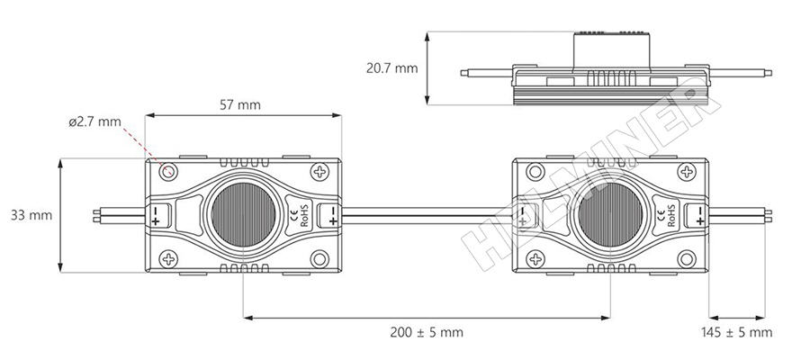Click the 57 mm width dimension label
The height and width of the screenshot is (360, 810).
tap(240, 104)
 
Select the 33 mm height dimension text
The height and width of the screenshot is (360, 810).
tap(31, 215)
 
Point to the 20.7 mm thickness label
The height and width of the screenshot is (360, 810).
tap(391, 67)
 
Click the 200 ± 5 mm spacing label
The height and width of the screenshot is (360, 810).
tap(427, 332)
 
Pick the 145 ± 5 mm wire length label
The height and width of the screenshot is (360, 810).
tap(736, 332)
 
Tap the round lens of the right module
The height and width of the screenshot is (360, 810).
tap(608, 215)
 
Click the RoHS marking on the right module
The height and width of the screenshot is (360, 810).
tap(671, 216)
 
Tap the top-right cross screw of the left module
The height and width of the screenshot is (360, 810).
tap(319, 171)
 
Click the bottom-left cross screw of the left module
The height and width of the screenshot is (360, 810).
tap(169, 260)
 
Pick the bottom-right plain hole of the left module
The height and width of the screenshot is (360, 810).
tap(319, 260)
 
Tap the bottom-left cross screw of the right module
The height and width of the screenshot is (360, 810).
tap(535, 260)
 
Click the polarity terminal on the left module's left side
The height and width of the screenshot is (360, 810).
tap(156, 216)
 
